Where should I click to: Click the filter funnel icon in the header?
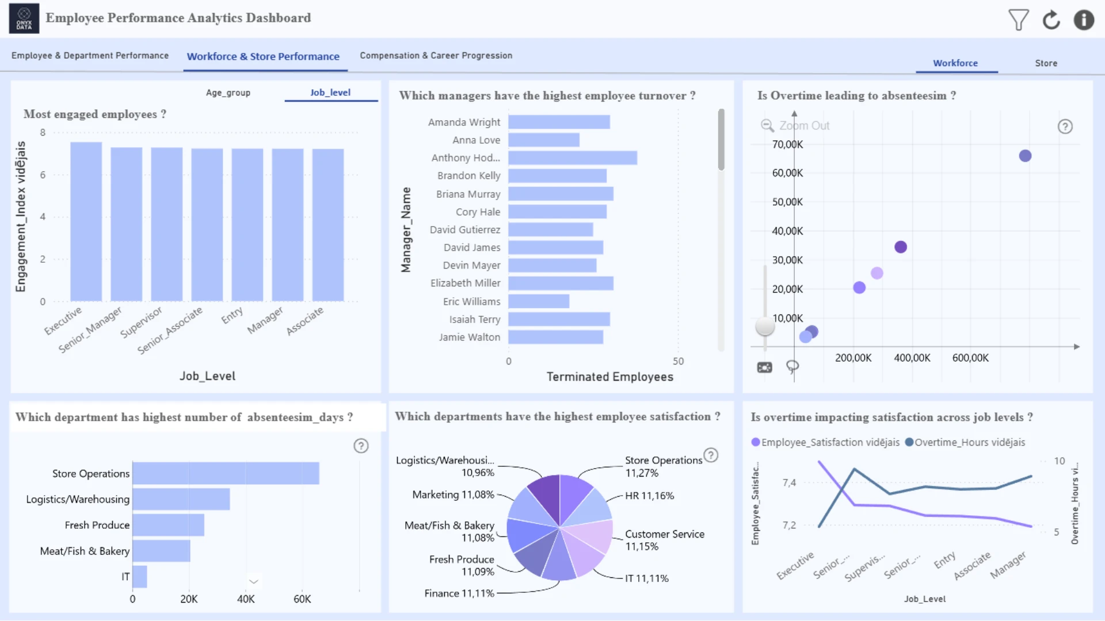pos(1018,20)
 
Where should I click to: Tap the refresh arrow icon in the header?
pos(1051,20)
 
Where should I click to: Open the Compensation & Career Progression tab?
pos(436,55)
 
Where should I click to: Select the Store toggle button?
pos(1046,63)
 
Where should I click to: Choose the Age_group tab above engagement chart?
pos(228,93)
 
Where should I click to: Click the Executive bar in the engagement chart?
pos(86,221)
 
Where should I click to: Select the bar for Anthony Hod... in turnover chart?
pos(573,158)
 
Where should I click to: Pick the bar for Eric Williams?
pos(539,301)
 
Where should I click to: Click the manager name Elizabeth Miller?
pos(465,283)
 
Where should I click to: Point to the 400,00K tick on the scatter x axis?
pos(912,358)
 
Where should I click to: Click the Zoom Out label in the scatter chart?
pos(804,125)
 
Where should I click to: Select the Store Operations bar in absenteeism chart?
pos(226,473)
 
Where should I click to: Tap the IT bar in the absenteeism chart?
pos(140,577)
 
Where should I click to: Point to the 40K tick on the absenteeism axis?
pos(246,599)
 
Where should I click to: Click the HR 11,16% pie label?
pos(649,496)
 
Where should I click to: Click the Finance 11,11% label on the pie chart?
pos(459,593)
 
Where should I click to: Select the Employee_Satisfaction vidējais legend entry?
pos(825,442)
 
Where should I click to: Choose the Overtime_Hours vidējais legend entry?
pos(965,442)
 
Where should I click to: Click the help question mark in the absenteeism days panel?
pos(361,446)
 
